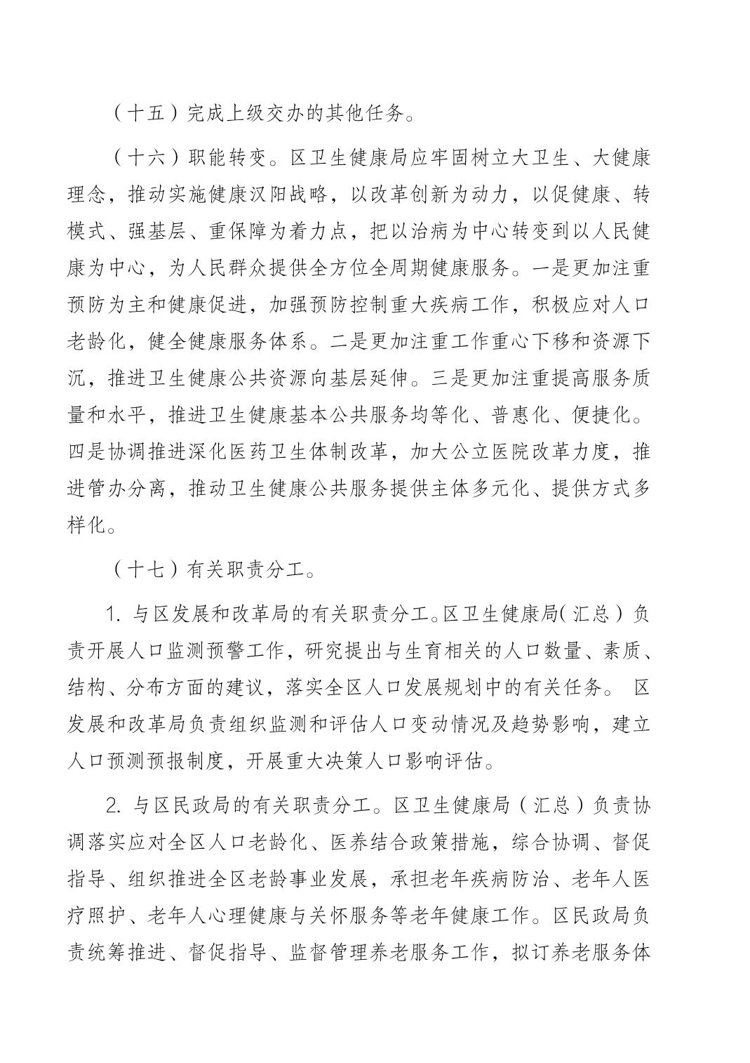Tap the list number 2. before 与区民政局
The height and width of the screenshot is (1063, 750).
114,805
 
